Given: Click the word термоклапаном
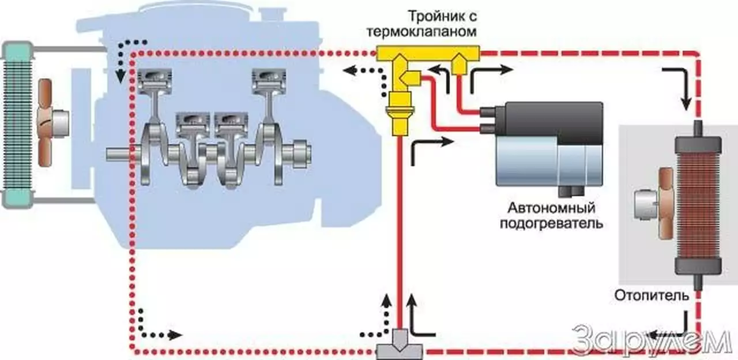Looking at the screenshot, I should [x=427, y=31].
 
